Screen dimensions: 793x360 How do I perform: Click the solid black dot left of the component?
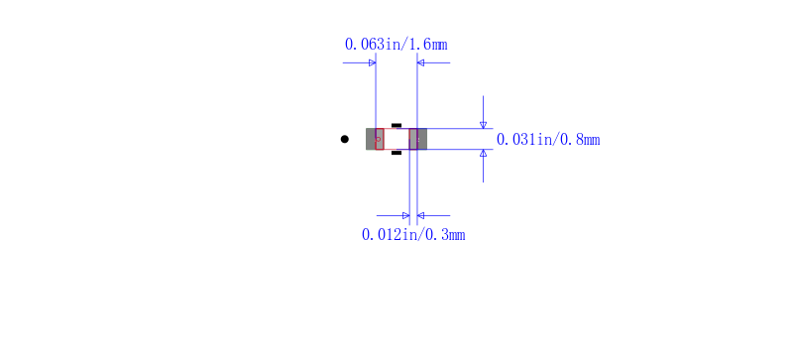coord(344,139)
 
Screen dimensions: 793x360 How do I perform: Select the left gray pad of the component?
coord(375,139)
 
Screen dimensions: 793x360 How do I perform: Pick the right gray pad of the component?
coord(418,139)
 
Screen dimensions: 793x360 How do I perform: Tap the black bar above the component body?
coord(396,125)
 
